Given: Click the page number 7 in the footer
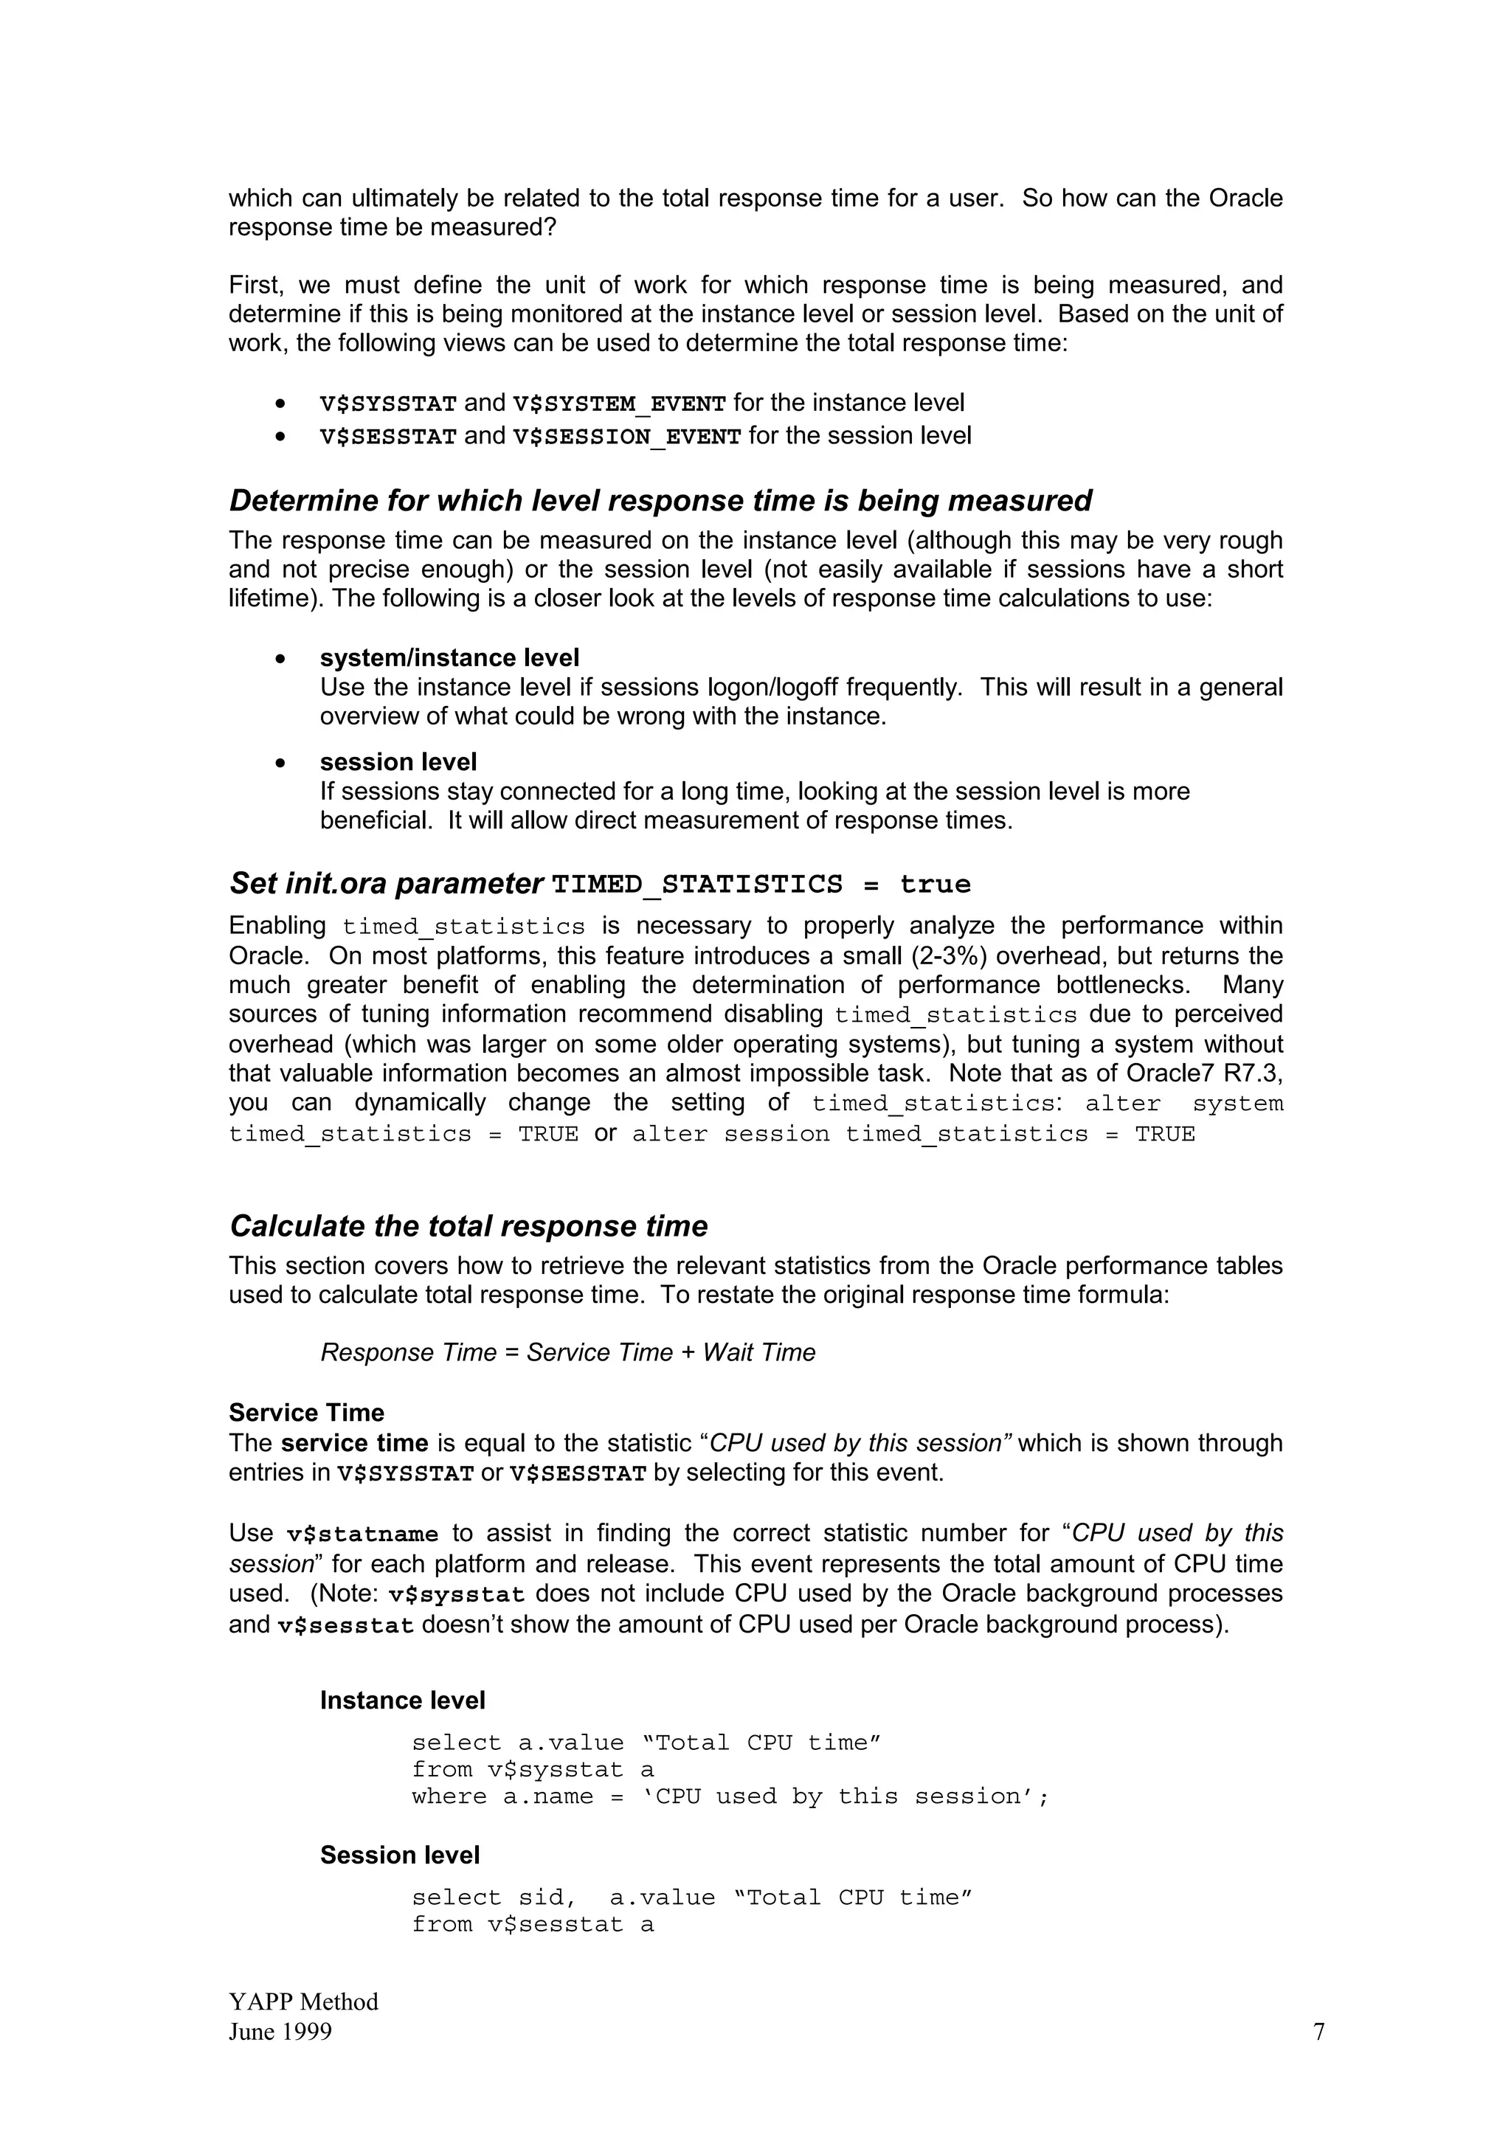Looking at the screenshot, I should click(1318, 2031).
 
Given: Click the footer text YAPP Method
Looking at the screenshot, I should click(303, 2001).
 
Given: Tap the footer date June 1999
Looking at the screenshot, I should click(280, 2031).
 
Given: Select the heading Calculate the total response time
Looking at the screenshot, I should click(468, 1226).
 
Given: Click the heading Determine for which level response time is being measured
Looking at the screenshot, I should click(660, 501).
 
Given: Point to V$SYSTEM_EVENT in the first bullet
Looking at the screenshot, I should click(619, 404).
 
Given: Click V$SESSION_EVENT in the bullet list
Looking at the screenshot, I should click(626, 437).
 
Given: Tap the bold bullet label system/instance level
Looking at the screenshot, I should click(449, 658).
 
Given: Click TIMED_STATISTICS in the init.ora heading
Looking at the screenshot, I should click(696, 885).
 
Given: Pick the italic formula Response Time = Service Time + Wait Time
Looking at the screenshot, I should click(568, 1353).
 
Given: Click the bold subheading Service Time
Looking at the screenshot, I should click(306, 1414).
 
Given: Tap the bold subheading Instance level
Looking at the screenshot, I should click(402, 1701).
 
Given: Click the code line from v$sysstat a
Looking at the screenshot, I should click(533, 1770).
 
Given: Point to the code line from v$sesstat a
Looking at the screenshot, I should click(533, 1925).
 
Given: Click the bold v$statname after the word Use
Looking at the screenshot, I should click(362, 1535).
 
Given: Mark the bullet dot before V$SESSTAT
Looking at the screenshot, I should click(280, 437).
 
